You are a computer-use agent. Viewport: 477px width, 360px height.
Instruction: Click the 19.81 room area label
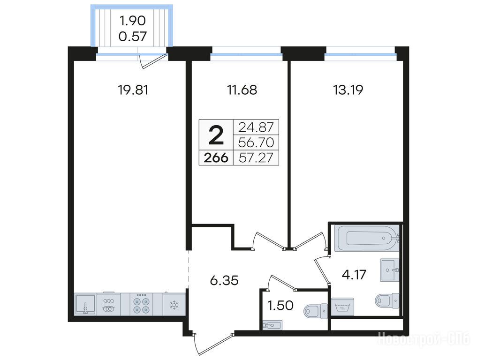tap(133, 90)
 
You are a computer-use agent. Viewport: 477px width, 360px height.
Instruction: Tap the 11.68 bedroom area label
tap(242, 90)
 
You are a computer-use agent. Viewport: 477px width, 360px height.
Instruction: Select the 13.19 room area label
tap(348, 90)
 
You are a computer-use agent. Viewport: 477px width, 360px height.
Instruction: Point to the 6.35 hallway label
tap(224, 280)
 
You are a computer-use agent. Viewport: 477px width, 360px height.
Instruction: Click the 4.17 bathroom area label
tap(354, 275)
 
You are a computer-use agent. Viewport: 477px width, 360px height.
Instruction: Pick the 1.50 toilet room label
tap(280, 305)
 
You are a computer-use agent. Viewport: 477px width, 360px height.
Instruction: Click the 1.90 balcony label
tap(133, 21)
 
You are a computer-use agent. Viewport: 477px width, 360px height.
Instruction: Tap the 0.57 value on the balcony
tap(133, 37)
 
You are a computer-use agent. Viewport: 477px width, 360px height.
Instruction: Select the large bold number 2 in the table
tap(216, 135)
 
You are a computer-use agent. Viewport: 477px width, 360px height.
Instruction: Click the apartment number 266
tap(216, 158)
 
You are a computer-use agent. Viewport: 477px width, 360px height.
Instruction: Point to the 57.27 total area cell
tap(257, 158)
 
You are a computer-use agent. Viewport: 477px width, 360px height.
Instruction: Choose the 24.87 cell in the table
tap(256, 127)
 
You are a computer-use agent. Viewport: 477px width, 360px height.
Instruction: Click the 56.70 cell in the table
tap(257, 142)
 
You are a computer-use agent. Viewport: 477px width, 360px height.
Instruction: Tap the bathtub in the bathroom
tap(367, 238)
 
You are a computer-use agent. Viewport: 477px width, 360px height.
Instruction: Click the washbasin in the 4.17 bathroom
tap(389, 270)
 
